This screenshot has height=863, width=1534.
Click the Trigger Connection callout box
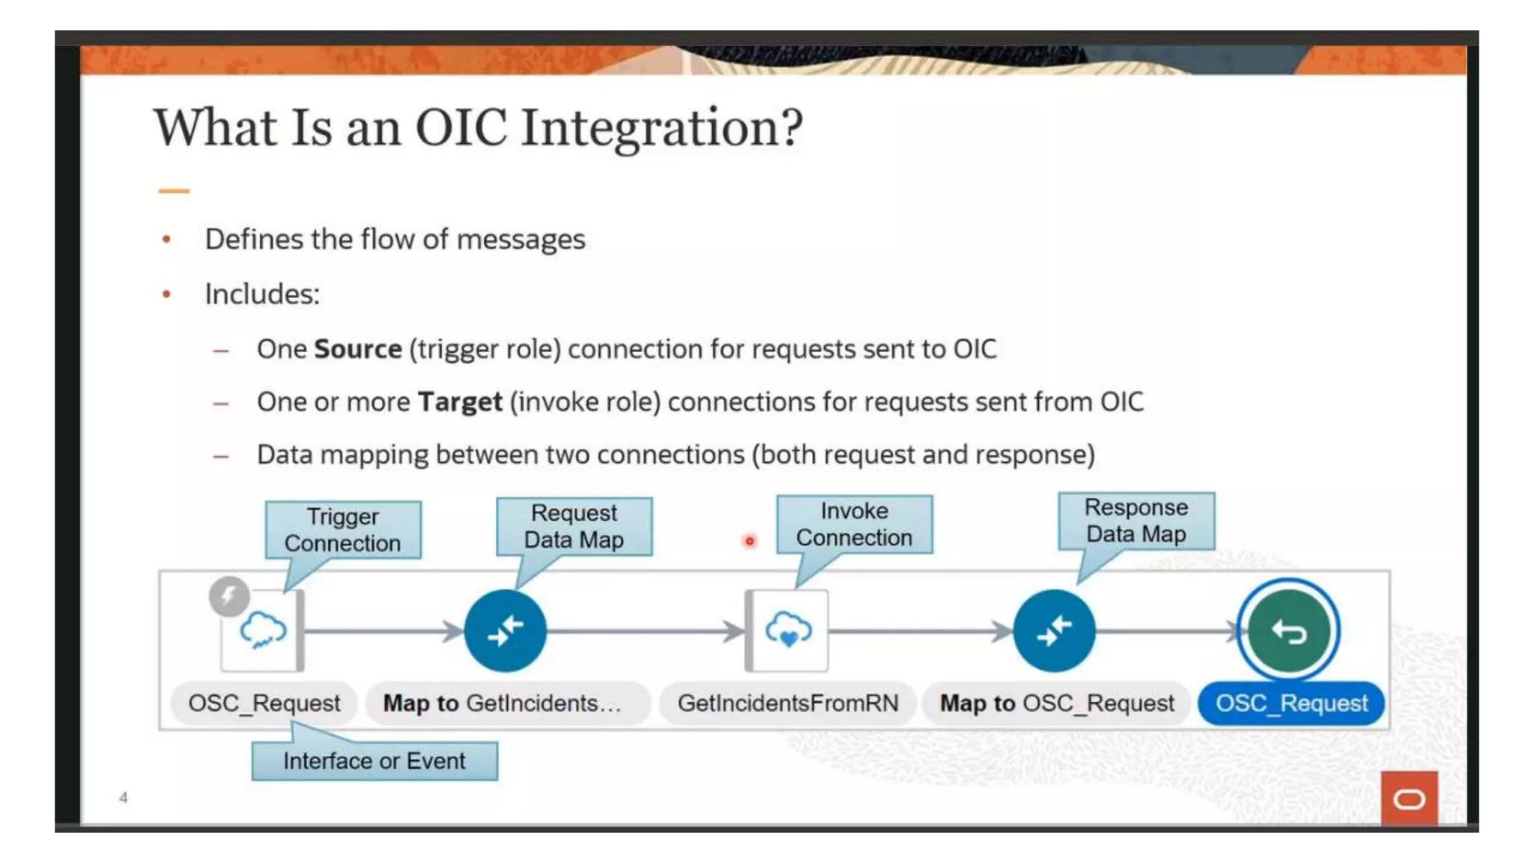pos(343,530)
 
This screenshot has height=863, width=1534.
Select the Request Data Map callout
pos(574,527)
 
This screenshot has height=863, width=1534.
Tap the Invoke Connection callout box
pos(854,524)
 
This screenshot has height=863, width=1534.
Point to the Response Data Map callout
pos(1136,521)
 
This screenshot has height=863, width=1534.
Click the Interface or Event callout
pos(374,761)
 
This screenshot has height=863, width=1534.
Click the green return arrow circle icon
pos(1288,631)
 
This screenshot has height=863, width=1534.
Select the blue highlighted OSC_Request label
pos(1291,703)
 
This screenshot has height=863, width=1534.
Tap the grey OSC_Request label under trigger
pos(264,703)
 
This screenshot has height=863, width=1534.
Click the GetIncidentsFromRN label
pos(787,703)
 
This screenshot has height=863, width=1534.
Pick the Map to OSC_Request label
pos(1057,703)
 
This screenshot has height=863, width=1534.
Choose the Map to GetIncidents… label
pos(503,703)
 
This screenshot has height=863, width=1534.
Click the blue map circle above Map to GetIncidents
pos(505,631)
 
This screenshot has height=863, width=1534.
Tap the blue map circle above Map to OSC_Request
pos(1054,631)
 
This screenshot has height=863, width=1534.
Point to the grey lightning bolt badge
pos(228,596)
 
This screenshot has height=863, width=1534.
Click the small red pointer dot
pos(749,541)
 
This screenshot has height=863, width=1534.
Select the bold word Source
pos(357,349)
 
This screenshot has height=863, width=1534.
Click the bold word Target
pos(459,402)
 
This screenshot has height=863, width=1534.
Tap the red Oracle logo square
pos(1409,799)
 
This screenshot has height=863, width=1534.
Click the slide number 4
pos(124,798)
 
